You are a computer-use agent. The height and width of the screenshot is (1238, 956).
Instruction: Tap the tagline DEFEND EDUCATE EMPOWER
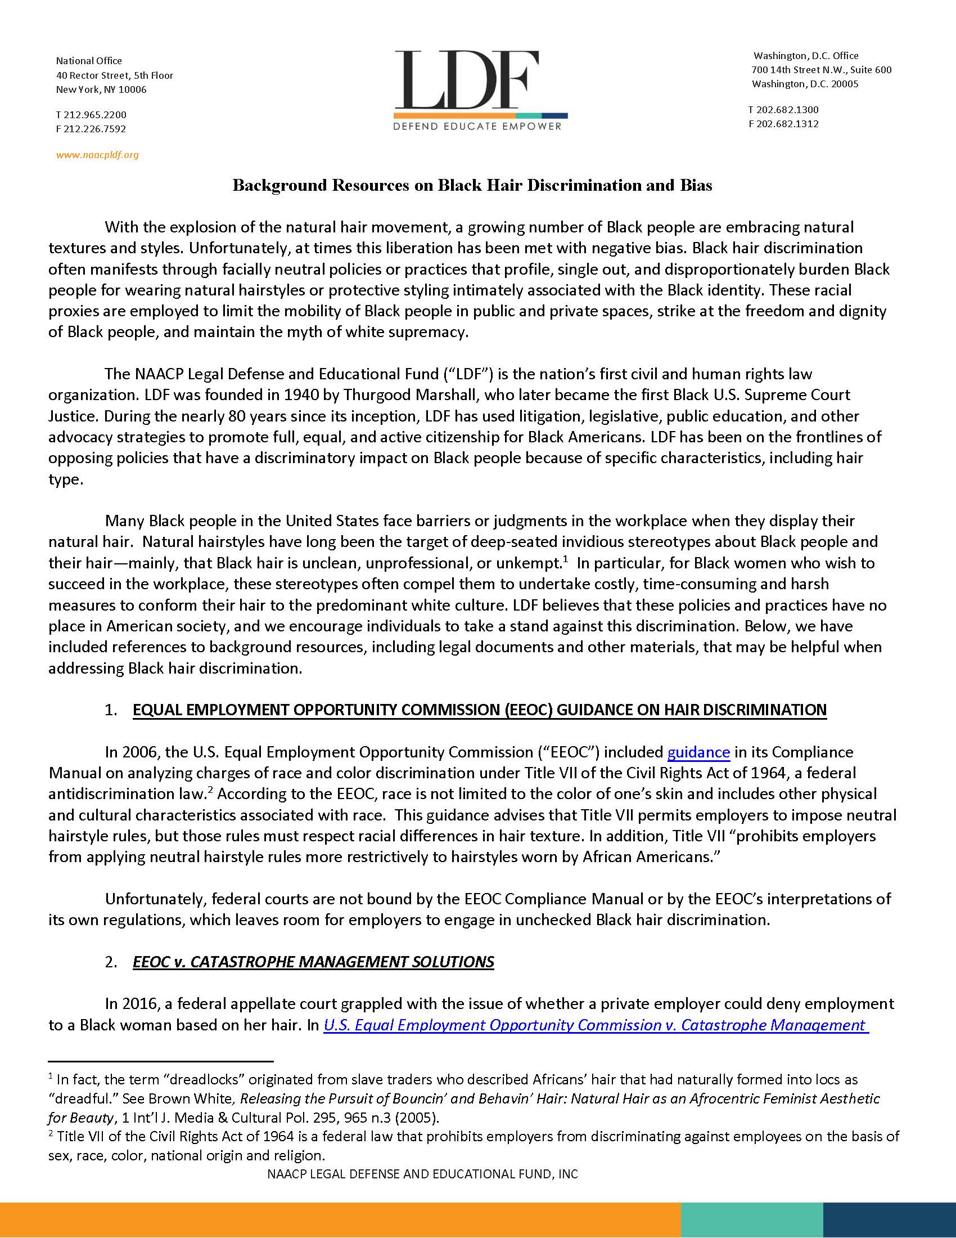[477, 126]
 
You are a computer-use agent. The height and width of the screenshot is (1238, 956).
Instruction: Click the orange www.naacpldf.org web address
[97, 155]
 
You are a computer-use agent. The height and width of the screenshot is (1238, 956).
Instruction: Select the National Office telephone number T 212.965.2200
[91, 114]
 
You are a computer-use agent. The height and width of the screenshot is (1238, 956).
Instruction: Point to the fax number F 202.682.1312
[783, 124]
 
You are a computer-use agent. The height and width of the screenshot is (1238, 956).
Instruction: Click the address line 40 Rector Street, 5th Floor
[114, 75]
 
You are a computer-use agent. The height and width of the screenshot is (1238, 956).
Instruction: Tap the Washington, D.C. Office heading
[805, 56]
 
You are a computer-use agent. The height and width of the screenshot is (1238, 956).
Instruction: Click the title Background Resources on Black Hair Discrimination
[472, 185]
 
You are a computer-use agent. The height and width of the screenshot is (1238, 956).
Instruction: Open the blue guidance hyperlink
[698, 752]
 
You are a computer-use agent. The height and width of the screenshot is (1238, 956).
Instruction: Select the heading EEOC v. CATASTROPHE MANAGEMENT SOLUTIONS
[313, 962]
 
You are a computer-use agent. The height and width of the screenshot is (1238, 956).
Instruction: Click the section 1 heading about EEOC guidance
[479, 710]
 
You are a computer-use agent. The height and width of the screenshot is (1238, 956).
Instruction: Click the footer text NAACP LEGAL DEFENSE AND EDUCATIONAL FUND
[422, 1174]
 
